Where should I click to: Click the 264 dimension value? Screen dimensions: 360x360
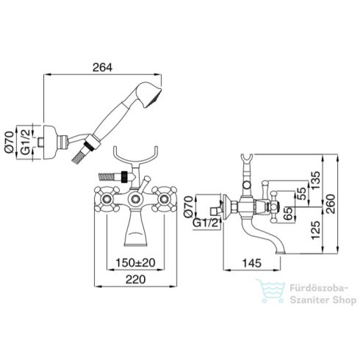pos(102,68)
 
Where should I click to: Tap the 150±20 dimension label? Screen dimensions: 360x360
pos(135,263)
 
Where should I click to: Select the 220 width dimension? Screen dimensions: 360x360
pos(135,279)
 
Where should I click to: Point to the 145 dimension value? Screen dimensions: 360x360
pos(251,263)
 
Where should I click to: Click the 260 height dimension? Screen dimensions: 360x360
pos(330,204)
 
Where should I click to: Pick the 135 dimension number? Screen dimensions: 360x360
pos(315,180)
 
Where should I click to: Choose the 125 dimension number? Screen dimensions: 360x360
pos(315,230)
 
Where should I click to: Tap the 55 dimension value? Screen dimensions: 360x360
pos(301,193)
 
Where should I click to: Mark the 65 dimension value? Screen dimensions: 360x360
pos(289,214)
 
